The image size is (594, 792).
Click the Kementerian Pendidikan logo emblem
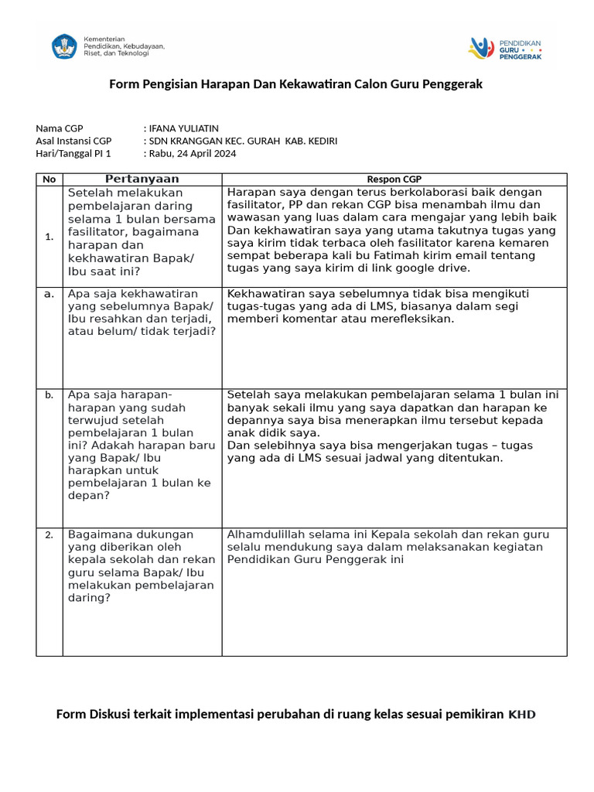pos(64,47)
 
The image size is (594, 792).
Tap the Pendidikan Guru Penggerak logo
pos(505,49)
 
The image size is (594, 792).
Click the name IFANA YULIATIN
pos(183,128)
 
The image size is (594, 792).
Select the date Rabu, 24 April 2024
pos(193,153)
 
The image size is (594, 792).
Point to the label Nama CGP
pos(60,128)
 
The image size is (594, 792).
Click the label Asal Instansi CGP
pos(73,141)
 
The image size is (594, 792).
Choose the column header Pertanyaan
pos(142,179)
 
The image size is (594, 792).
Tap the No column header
pos(49,179)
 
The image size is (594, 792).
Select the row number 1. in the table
pos(49,237)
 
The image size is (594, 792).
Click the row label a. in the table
pos(49,294)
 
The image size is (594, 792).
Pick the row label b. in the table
pos(49,395)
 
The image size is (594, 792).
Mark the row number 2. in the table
pos(49,534)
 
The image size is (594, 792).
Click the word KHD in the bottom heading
pos(521,714)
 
